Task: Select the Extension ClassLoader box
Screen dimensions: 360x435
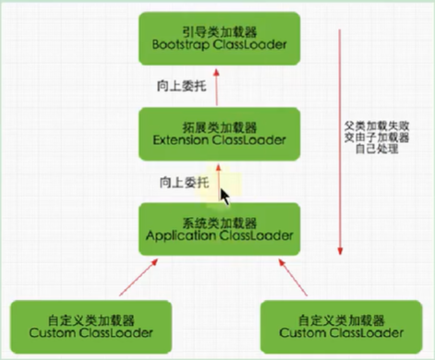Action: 218,132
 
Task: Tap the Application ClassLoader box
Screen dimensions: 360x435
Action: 218,228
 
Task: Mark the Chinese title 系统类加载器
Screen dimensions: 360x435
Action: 218,222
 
